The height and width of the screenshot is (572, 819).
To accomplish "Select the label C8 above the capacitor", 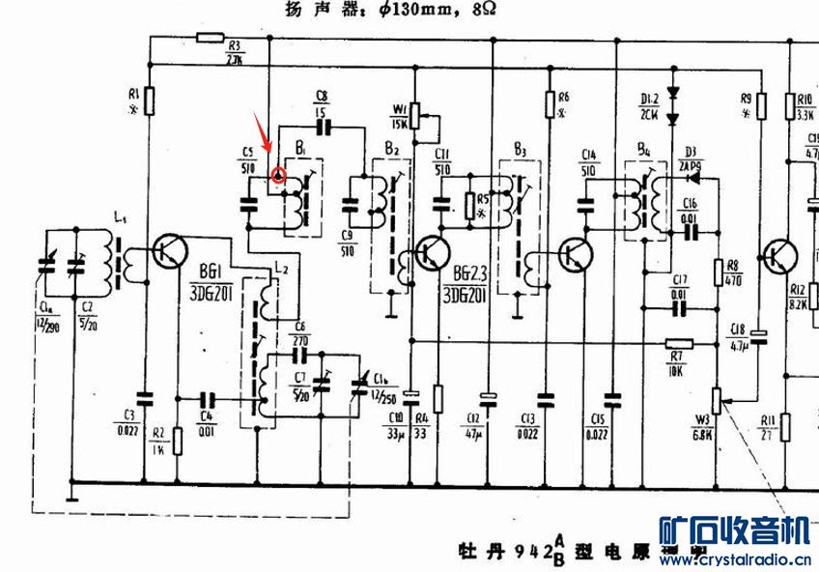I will [x=322, y=95].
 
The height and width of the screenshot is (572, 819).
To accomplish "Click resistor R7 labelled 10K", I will [x=680, y=343].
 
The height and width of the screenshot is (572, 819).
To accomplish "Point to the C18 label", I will [x=740, y=328].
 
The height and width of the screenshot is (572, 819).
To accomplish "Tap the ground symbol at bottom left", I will [x=71, y=497].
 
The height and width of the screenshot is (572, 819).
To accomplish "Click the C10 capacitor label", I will [x=394, y=417].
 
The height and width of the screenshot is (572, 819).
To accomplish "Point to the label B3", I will [x=520, y=150].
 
